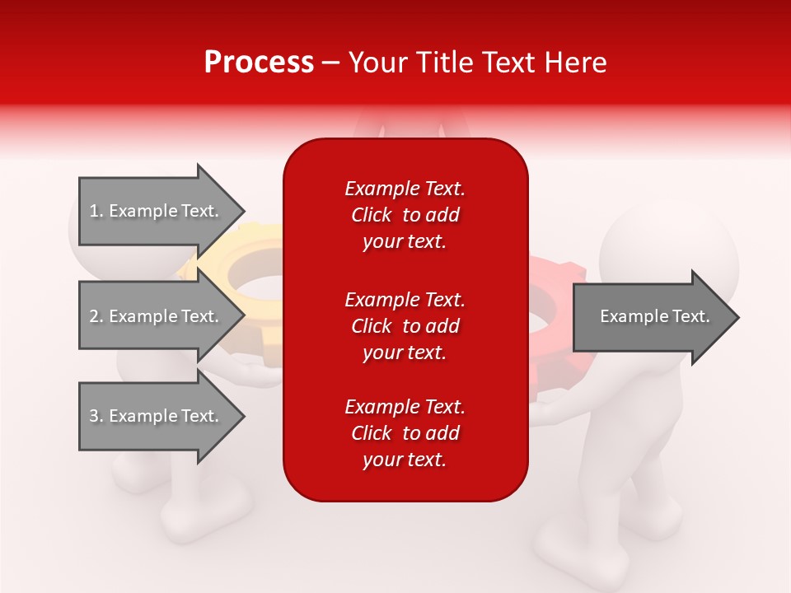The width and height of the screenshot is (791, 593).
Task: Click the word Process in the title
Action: point(260,63)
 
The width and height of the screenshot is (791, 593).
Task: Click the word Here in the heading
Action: point(576,63)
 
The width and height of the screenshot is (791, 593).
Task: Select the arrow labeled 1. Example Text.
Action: point(161,211)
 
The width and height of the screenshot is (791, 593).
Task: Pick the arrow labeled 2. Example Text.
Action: point(161,315)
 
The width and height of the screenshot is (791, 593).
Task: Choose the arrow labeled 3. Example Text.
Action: point(161,415)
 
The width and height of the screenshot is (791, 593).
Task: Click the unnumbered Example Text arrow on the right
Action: point(656,316)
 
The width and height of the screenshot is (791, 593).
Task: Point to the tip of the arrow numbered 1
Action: point(246,211)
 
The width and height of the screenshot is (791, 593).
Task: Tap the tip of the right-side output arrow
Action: point(740,317)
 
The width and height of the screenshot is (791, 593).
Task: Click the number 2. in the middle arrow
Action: point(96,316)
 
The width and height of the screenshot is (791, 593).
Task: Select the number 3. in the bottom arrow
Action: point(96,416)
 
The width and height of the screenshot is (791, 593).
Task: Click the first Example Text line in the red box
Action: point(405,189)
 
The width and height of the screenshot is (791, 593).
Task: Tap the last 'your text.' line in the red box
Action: point(405,460)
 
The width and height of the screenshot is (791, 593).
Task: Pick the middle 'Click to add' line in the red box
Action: point(405,326)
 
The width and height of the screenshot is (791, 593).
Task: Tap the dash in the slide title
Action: point(331,63)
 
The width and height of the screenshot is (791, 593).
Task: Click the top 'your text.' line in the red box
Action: point(405,241)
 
